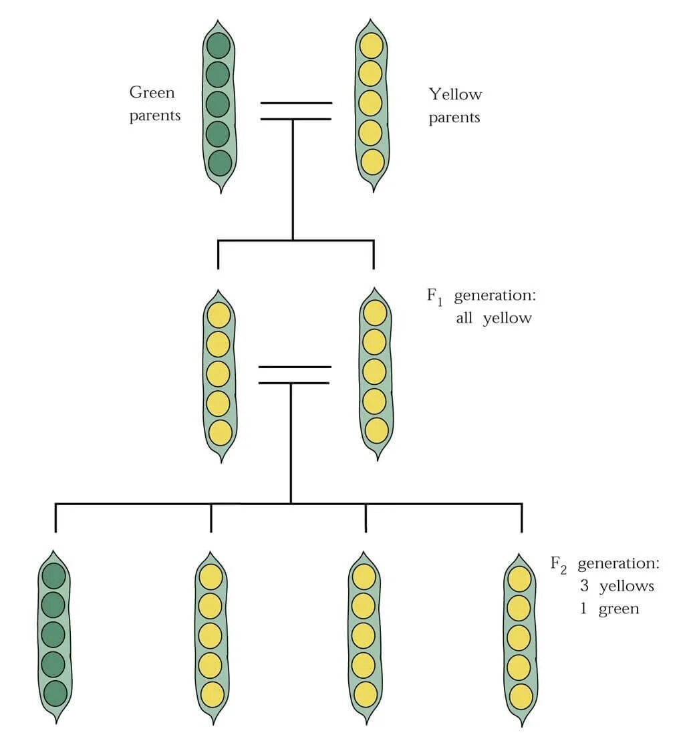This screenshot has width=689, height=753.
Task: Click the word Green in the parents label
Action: click(152, 93)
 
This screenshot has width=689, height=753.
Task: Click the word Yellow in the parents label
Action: click(455, 94)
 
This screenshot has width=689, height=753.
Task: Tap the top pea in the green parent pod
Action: click(219, 45)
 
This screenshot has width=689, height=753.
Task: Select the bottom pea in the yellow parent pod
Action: click(372, 161)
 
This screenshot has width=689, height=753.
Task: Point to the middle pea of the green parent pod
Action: click(218, 104)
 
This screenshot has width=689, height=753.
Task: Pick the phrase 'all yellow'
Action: click(494, 318)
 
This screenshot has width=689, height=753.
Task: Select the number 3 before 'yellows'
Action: click(584, 587)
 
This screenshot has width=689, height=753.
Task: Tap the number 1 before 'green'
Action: click(584, 609)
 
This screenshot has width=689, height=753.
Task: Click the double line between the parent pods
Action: click(295, 111)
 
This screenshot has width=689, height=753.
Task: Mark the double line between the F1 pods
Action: click(294, 375)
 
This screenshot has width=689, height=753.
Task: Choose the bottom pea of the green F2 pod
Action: click(55, 692)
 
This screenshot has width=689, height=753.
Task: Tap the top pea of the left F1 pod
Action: click(219, 315)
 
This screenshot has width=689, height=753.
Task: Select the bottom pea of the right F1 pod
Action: click(376, 430)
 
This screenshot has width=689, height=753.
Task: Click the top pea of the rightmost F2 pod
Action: click(519, 579)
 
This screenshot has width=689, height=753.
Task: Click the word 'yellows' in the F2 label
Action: click(626, 587)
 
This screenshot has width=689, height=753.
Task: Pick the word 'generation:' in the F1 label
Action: click(495, 296)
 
